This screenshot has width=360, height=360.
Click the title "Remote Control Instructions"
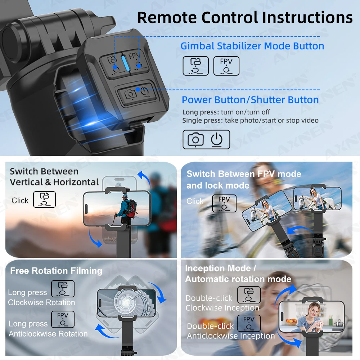coord(245,17)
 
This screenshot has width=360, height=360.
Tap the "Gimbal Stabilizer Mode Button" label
coord(252,46)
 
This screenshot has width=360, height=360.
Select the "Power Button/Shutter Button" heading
coord(250,100)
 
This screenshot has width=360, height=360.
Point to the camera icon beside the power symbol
coord(195,139)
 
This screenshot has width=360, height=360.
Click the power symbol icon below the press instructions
coord(217,139)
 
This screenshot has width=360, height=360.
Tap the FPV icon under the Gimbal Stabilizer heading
coord(226,66)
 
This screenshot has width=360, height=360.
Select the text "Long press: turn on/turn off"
coord(226,112)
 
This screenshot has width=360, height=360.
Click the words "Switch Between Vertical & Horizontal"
coord(54,176)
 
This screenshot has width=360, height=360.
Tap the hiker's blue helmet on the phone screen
coord(125,197)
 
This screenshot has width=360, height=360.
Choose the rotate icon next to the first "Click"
coord(44,199)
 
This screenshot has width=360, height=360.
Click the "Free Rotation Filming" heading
coord(56,271)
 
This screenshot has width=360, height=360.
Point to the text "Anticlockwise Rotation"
coord(48,334)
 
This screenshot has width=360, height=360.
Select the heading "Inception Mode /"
coord(220,268)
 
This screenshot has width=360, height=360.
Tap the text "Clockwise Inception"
coord(222,308)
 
